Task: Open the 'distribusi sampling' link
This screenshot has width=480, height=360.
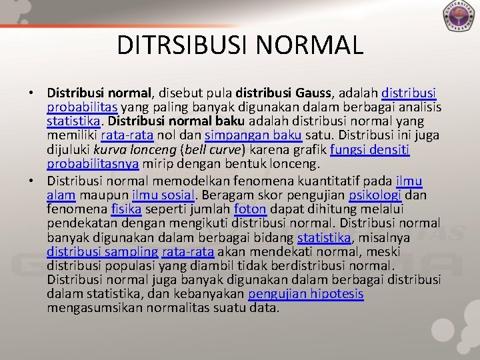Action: [x=103, y=252]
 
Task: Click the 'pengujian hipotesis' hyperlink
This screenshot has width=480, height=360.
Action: [x=305, y=295]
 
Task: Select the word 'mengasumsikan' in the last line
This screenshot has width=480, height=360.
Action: [x=91, y=309]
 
